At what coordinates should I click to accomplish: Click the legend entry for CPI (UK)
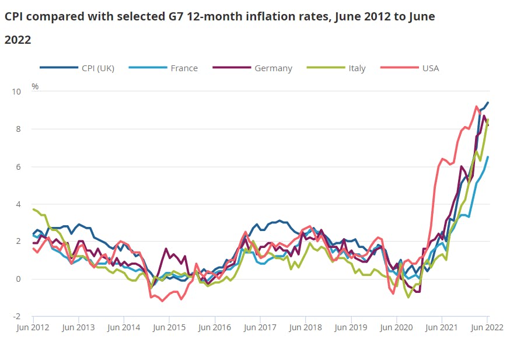[x=98, y=68]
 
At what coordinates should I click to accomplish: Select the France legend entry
[x=184, y=68]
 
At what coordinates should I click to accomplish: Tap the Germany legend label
[x=273, y=68]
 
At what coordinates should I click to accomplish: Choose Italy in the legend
[x=357, y=68]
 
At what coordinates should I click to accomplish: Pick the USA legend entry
[x=431, y=68]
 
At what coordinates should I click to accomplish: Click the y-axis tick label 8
[x=18, y=129]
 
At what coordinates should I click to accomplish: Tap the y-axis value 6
[x=18, y=167]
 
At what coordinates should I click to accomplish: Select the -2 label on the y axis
[x=17, y=316]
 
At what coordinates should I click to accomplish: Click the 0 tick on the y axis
[x=18, y=279]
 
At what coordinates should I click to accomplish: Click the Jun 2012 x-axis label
[x=33, y=327]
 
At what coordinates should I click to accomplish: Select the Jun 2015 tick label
[x=169, y=327]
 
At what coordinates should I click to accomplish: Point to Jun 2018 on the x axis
[x=305, y=327]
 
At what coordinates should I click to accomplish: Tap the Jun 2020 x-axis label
[x=396, y=327]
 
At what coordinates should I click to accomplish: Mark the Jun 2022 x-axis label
[x=486, y=327]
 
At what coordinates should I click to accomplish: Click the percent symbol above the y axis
[x=35, y=86]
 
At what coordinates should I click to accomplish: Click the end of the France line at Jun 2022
[x=488, y=157]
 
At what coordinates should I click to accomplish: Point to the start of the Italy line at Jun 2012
[x=33, y=209]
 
